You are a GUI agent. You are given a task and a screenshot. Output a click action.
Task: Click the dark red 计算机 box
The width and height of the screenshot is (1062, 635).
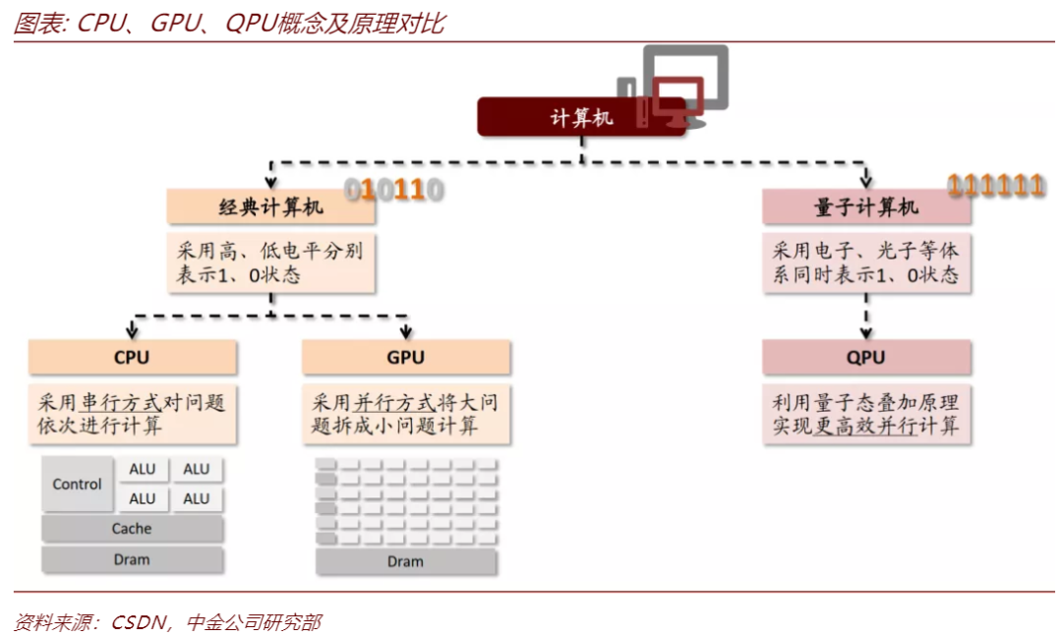[581, 117]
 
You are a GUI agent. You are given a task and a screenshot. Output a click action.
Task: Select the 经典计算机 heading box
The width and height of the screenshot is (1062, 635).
[270, 206]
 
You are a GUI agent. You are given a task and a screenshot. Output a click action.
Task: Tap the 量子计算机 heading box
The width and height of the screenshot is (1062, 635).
[866, 206]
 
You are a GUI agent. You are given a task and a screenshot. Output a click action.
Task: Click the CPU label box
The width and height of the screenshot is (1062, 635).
[132, 358]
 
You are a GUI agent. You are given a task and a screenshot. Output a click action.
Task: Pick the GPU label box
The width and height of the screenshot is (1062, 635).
[405, 358]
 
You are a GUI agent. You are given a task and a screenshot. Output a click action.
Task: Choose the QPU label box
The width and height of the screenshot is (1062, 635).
[866, 358]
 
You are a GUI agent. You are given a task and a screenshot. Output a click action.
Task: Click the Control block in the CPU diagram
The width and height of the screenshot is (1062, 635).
[78, 484]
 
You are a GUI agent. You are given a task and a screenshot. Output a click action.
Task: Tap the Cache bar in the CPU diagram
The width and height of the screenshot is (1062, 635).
[132, 529]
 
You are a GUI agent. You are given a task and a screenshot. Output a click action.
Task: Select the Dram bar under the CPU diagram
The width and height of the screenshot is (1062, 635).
[132, 559]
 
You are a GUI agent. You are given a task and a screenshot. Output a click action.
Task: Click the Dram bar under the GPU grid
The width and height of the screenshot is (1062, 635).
[405, 561]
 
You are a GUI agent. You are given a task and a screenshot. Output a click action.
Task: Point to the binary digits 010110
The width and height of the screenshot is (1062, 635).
[392, 189]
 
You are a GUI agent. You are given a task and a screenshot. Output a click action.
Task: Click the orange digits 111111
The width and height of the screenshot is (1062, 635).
[995, 185]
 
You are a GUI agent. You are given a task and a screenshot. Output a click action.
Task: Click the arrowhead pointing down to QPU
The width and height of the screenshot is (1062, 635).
[866, 332]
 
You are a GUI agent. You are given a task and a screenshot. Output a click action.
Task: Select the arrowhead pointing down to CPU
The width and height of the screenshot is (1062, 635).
[132, 331]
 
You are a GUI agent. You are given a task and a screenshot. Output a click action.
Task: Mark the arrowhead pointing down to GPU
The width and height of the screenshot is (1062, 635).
[405, 331]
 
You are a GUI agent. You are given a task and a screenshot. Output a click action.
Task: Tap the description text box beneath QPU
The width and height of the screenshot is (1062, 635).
[866, 414]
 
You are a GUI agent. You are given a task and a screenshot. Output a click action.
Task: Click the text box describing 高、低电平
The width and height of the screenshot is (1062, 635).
[270, 262]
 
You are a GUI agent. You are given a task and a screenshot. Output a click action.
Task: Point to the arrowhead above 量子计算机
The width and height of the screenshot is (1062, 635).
[866, 179]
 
